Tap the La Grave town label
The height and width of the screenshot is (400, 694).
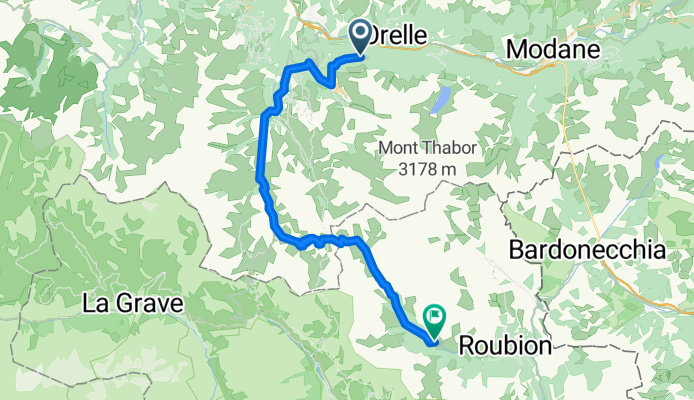tap(134, 300)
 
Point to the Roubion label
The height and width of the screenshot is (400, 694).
tap(505, 346)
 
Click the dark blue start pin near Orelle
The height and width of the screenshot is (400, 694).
tap(359, 38)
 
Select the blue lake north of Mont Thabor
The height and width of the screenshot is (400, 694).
tap(440, 99)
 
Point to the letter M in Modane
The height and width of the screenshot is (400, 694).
tap(517, 49)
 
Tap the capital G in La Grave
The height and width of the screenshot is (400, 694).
tap(127, 300)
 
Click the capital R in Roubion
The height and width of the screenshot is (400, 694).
tap(467, 346)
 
